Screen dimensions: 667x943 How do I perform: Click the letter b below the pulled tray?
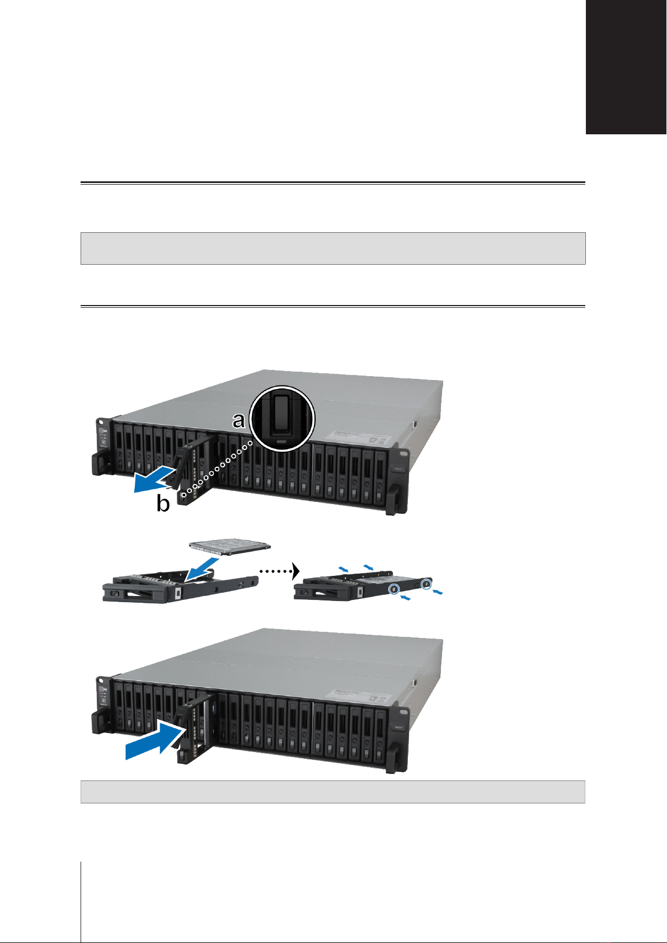(163, 504)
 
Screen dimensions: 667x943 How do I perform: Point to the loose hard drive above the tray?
(229, 548)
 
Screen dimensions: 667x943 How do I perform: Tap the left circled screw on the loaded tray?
(395, 589)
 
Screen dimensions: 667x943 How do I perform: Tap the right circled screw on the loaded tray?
(427, 584)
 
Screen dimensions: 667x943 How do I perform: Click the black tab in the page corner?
(626, 67)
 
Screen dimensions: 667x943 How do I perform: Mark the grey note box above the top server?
(333, 248)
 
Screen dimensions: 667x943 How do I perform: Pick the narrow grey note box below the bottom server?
(333, 792)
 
